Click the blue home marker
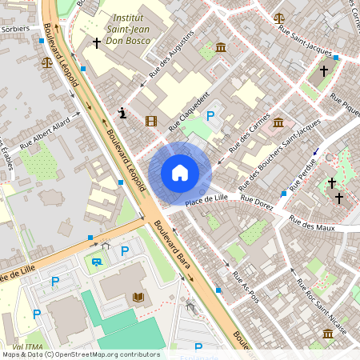point(180,173)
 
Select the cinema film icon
point(151,121)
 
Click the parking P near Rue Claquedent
point(211,117)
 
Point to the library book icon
point(138,297)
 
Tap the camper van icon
point(97,262)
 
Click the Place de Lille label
point(207,200)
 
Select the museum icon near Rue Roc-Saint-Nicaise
point(328,333)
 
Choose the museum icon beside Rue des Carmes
point(278,122)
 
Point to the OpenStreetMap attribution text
point(80,354)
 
